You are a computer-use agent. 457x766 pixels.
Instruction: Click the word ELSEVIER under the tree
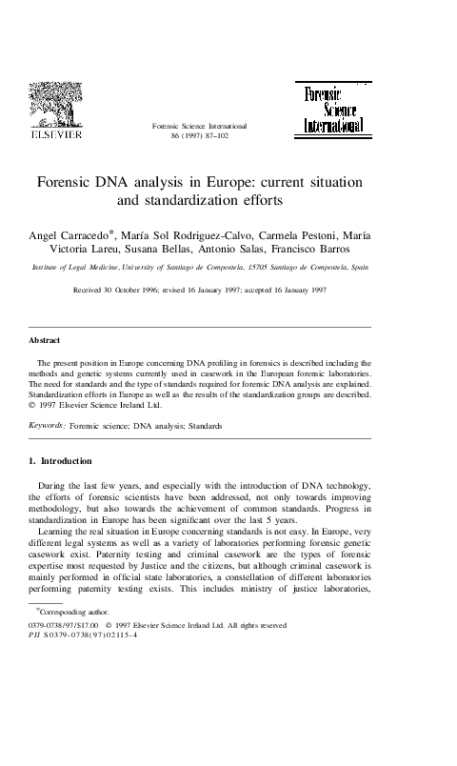click(x=57, y=135)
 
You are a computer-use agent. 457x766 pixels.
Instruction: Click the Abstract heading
click(x=45, y=339)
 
